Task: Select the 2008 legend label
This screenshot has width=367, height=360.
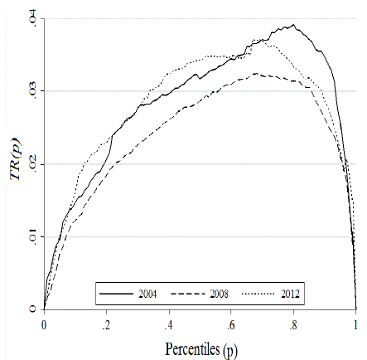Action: click(220, 294)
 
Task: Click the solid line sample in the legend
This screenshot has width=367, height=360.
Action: click(115, 294)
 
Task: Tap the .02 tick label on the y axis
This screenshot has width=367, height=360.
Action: click(31, 163)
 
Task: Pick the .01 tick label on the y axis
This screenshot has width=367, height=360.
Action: click(31, 236)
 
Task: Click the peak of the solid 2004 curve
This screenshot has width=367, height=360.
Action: click(295, 25)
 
